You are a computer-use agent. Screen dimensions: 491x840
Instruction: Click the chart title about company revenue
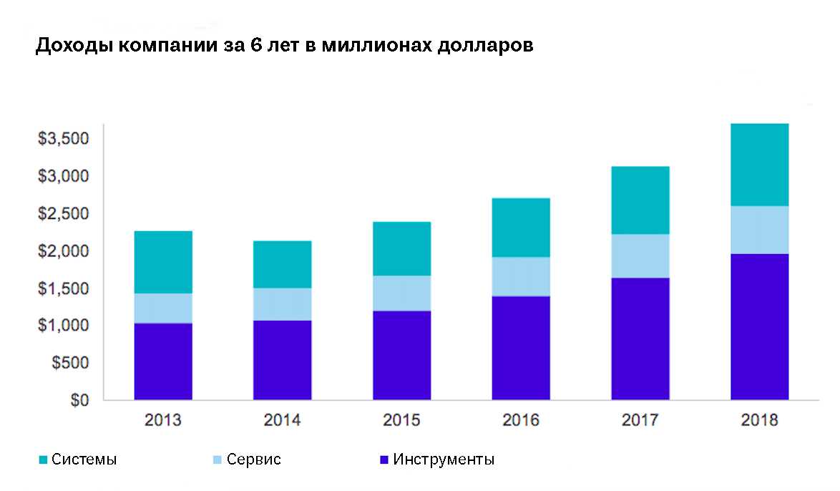[284, 46]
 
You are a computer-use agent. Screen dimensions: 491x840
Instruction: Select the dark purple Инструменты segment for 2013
[163, 361]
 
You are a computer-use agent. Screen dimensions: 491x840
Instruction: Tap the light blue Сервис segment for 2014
[282, 304]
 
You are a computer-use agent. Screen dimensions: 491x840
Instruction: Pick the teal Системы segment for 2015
[401, 248]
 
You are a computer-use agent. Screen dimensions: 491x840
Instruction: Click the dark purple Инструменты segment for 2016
[521, 347]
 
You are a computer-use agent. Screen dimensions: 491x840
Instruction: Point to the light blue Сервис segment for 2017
[640, 256]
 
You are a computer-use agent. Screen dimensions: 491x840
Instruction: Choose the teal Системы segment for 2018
[759, 165]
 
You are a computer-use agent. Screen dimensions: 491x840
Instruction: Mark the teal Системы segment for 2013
[163, 262]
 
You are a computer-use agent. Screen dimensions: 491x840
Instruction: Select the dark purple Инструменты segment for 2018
[759, 326]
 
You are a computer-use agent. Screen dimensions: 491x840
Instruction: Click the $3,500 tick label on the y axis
[63, 138]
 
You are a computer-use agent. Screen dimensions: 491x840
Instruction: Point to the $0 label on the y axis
[79, 400]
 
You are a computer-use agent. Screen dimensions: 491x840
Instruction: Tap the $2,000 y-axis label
[63, 251]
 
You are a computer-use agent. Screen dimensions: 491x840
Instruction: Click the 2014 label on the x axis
[282, 420]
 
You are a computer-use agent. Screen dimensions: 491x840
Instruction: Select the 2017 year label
[640, 420]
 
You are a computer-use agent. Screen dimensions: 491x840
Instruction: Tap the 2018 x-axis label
[759, 420]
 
